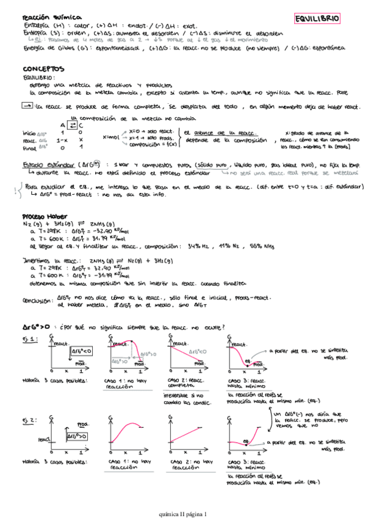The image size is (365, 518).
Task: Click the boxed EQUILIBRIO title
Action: [x=317, y=19]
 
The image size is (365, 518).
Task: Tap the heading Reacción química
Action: [x=44, y=18]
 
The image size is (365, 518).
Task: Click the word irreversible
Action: [x=181, y=396]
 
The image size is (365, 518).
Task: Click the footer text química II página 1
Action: [x=182, y=513]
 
